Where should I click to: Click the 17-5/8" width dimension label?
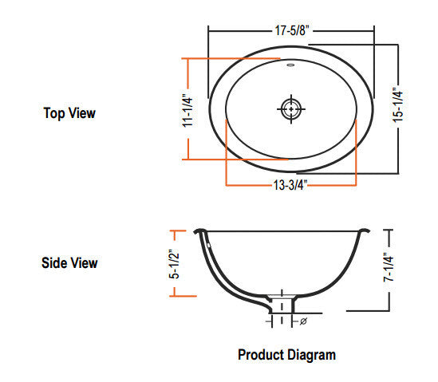tap(292, 30)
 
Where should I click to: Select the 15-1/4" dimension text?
tap(398, 104)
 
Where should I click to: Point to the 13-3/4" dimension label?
tap(290, 185)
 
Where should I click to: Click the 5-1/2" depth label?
tap(174, 264)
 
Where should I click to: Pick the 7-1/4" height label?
tap(389, 267)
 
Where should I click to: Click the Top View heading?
tap(69, 113)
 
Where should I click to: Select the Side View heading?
tap(69, 263)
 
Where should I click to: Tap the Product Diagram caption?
tap(287, 355)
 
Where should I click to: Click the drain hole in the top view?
tap(291, 109)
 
